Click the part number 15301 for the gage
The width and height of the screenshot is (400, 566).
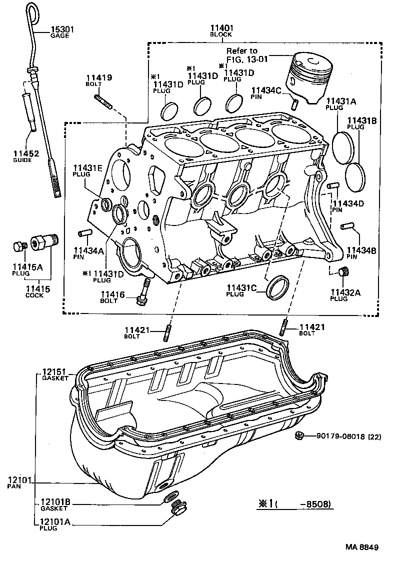[x=61, y=30]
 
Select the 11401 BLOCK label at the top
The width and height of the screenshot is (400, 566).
[x=220, y=31]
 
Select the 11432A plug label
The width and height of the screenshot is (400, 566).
[x=345, y=294]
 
